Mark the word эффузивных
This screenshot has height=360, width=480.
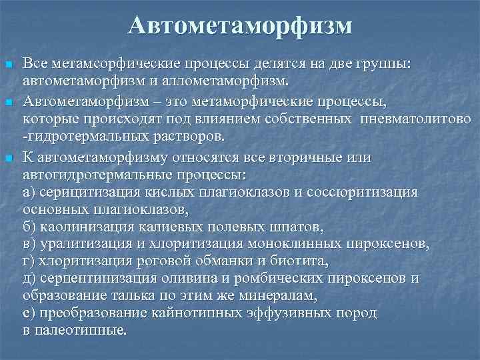coord(282,312)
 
